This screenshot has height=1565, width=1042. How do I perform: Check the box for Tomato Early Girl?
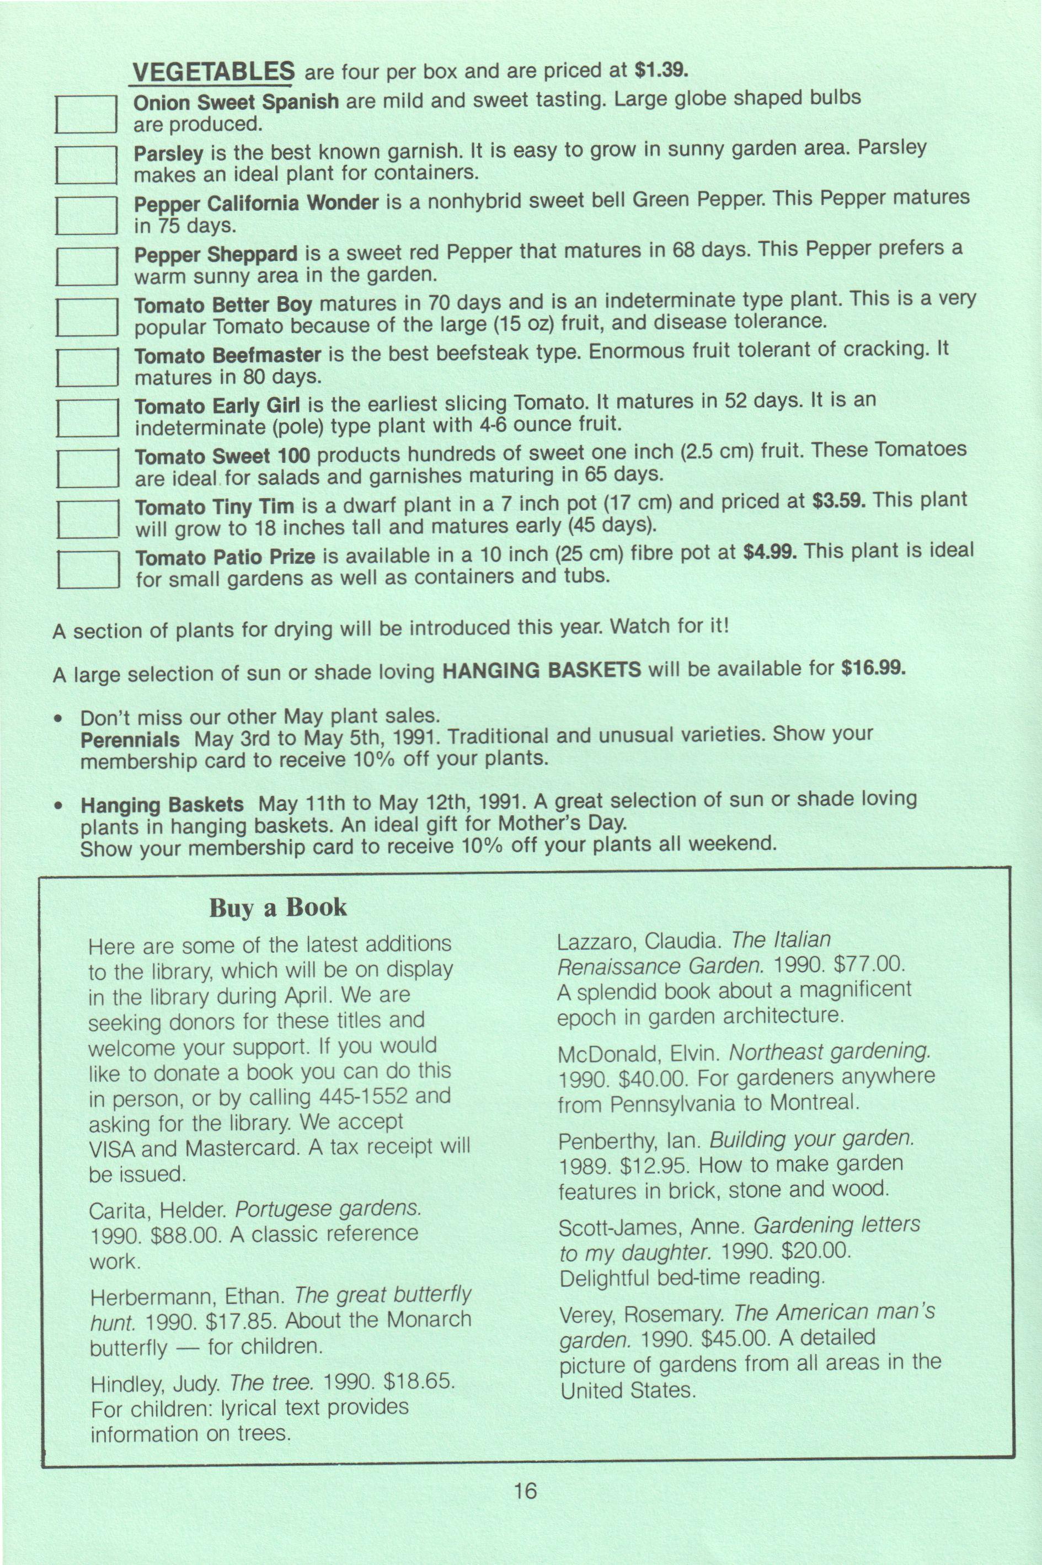click(x=88, y=418)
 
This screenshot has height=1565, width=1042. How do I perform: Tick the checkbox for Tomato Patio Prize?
click(x=88, y=569)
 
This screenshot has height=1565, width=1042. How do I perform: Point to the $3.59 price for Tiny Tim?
click(x=838, y=501)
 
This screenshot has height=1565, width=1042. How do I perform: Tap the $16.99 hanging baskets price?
click(x=873, y=666)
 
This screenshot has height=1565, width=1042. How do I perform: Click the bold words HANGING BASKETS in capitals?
click(x=542, y=670)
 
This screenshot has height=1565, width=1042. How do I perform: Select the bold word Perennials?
click(x=130, y=740)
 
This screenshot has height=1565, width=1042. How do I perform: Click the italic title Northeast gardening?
click(x=829, y=1052)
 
